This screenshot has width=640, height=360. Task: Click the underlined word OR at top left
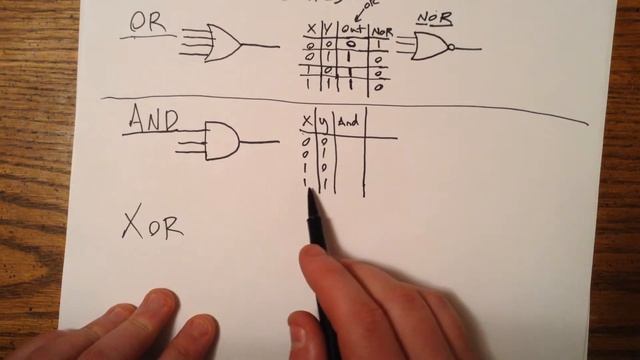tap(148, 24)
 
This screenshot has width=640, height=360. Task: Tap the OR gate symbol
tap(223, 43)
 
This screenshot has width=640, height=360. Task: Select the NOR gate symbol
tap(429, 46)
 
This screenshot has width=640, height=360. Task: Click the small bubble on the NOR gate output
tap(451, 47)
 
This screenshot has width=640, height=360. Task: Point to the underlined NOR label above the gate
tap(434, 18)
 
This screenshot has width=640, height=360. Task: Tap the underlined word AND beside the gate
tap(152, 120)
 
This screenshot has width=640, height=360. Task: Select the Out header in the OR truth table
tap(351, 30)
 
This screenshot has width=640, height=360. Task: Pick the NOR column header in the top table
tap(380, 31)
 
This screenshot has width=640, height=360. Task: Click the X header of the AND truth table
tap(306, 124)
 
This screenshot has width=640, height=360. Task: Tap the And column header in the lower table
tap(348, 122)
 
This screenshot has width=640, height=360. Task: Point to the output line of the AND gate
tap(259, 142)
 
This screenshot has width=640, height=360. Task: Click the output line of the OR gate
tap(260, 45)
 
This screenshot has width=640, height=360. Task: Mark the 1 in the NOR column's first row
tap(379, 45)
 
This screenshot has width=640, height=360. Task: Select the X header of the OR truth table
tap(312, 30)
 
